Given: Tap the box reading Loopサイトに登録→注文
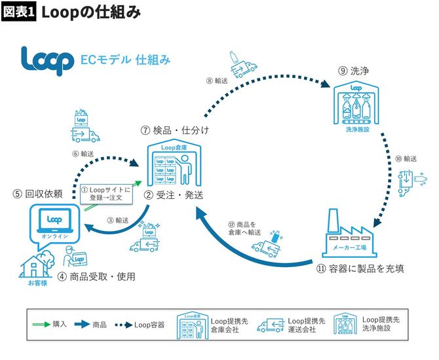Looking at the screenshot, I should pyautogui.click(x=105, y=194).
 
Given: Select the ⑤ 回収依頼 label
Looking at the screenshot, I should pyautogui.click(x=37, y=194).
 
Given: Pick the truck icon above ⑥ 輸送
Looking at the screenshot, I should pyautogui.click(x=85, y=128).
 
